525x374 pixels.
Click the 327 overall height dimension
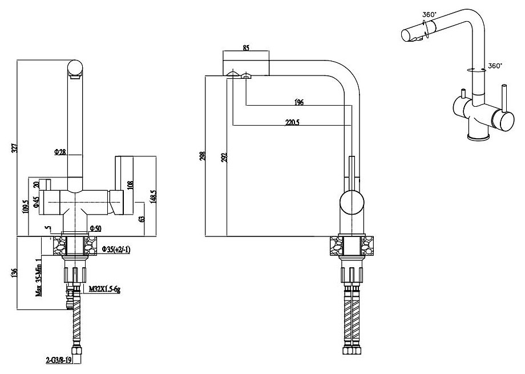[14, 148]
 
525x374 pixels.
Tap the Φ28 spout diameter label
[60, 152]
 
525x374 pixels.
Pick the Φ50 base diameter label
[95, 228]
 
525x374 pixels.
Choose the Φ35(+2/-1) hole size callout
[116, 250]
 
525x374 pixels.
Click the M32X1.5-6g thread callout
[104, 289]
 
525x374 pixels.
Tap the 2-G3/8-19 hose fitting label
[59, 361]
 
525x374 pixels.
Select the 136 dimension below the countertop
[14, 274]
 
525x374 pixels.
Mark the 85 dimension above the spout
[246, 47]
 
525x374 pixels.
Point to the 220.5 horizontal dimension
[292, 122]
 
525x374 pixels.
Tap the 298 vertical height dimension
[203, 156]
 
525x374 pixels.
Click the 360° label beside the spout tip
[430, 14]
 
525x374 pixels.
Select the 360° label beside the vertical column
[495, 66]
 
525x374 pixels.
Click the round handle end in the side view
[352, 202]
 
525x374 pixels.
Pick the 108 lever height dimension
[130, 184]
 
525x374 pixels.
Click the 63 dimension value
[142, 219]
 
